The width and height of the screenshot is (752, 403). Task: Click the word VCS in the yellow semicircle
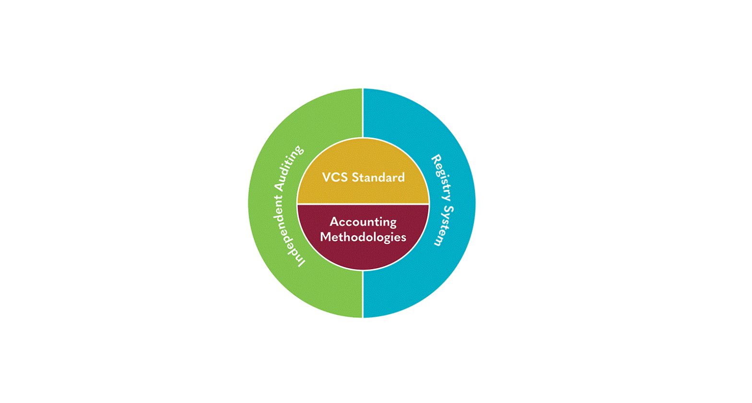(x=335, y=178)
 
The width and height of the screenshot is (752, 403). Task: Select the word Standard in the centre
(x=378, y=178)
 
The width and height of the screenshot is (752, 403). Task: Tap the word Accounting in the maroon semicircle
(x=363, y=222)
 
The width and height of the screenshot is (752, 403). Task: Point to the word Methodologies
(x=363, y=237)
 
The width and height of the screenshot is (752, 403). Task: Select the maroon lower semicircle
(x=363, y=254)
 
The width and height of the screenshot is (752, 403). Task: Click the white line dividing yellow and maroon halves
(x=363, y=204)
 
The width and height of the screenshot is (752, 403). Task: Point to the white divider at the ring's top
(x=363, y=113)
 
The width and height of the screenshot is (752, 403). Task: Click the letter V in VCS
(x=326, y=178)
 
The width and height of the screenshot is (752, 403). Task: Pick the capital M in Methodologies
(x=325, y=237)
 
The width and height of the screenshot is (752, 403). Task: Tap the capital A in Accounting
(x=334, y=222)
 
